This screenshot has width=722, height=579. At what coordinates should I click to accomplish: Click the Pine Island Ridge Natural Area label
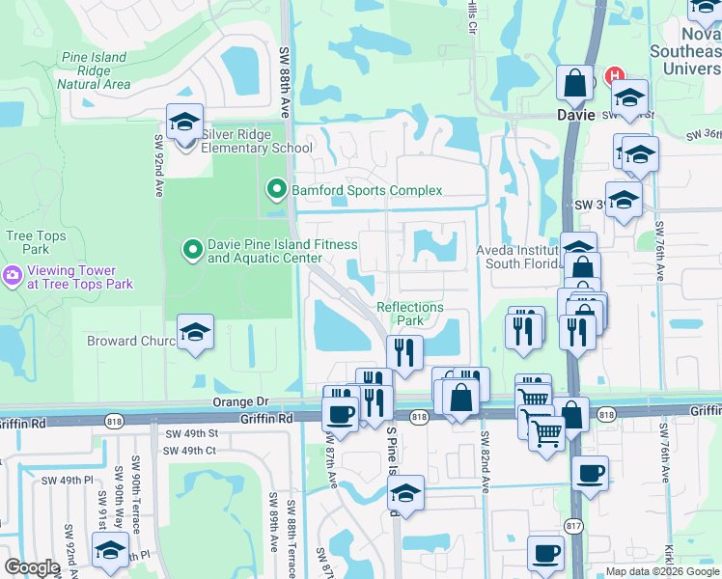pos(94,70)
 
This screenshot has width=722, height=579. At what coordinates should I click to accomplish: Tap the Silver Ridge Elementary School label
pos(257,142)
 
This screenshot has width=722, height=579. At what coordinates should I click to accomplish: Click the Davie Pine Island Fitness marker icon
pos(193,251)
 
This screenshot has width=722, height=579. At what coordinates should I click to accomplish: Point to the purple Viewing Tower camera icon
pos(13,277)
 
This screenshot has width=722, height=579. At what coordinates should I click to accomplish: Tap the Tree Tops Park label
pos(36,243)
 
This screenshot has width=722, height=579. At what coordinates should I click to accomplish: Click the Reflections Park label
pos(410,314)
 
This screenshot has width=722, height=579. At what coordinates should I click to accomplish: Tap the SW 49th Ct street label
pos(189,451)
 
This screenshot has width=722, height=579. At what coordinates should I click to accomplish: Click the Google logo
pos(32,567)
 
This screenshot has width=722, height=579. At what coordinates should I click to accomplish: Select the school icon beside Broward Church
pos(195,334)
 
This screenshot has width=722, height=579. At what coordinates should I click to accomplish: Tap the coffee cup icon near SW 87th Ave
pos(338,415)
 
